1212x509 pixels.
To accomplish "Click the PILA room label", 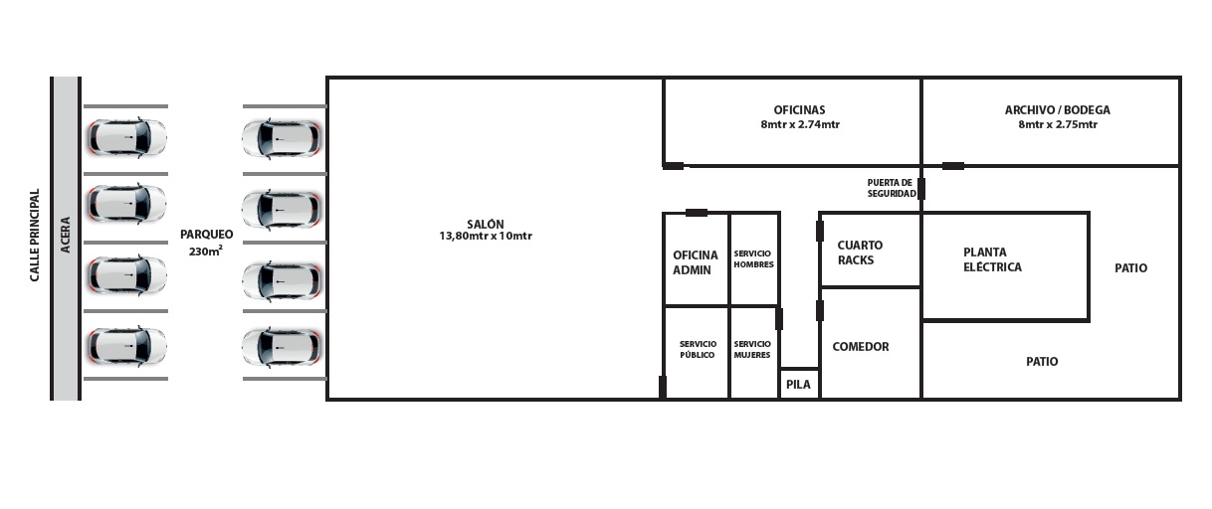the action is coord(798,384).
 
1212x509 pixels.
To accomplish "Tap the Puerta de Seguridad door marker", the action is coord(921,189).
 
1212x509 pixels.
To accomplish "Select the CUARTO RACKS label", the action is coord(860,253).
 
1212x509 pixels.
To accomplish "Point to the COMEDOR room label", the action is coord(861,346).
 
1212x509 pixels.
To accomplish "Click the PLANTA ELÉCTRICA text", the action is coord(992,259).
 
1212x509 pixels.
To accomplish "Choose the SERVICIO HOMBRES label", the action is coord(753,258).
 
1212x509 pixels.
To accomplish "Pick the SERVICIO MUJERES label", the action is coord(752,349).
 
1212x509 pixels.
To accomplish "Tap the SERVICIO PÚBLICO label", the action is coord(698,349).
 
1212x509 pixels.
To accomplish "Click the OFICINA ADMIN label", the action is coord(696,262).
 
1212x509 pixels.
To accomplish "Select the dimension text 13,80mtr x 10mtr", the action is coord(486,236).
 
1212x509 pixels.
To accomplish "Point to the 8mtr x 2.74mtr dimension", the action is coord(800,124).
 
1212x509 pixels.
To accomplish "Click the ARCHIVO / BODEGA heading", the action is coord(1057,110).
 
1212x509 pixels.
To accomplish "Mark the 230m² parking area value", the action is coord(206,251).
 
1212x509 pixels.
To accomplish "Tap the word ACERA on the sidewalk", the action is coord(66,235).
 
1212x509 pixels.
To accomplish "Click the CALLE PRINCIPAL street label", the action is coord(35,235).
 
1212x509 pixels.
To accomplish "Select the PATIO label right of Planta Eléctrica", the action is coord(1130,268).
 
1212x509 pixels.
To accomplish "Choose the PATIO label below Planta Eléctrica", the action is coord(1042,362).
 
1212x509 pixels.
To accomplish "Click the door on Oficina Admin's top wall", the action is coord(697,213).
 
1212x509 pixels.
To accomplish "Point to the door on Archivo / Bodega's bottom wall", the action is coord(953,166).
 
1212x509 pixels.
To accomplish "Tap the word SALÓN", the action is coord(486,223).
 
